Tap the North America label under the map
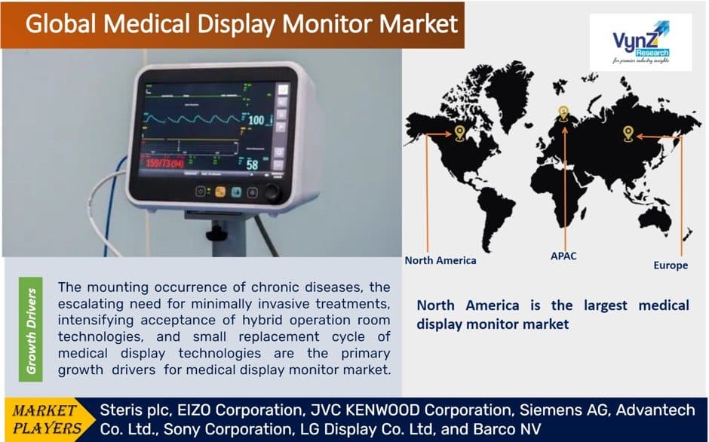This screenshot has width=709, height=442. coord(440,260)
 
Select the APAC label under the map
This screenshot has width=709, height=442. coord(563,256)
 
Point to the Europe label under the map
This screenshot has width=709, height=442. coord(671,266)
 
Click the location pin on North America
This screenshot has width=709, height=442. coord(459,133)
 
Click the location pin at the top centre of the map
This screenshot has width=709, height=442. coord(563,113)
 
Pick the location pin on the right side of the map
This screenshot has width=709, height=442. coord(627,134)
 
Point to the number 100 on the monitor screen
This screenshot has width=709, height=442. coord(256,120)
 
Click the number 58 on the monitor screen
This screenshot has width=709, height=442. coord(252,164)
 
